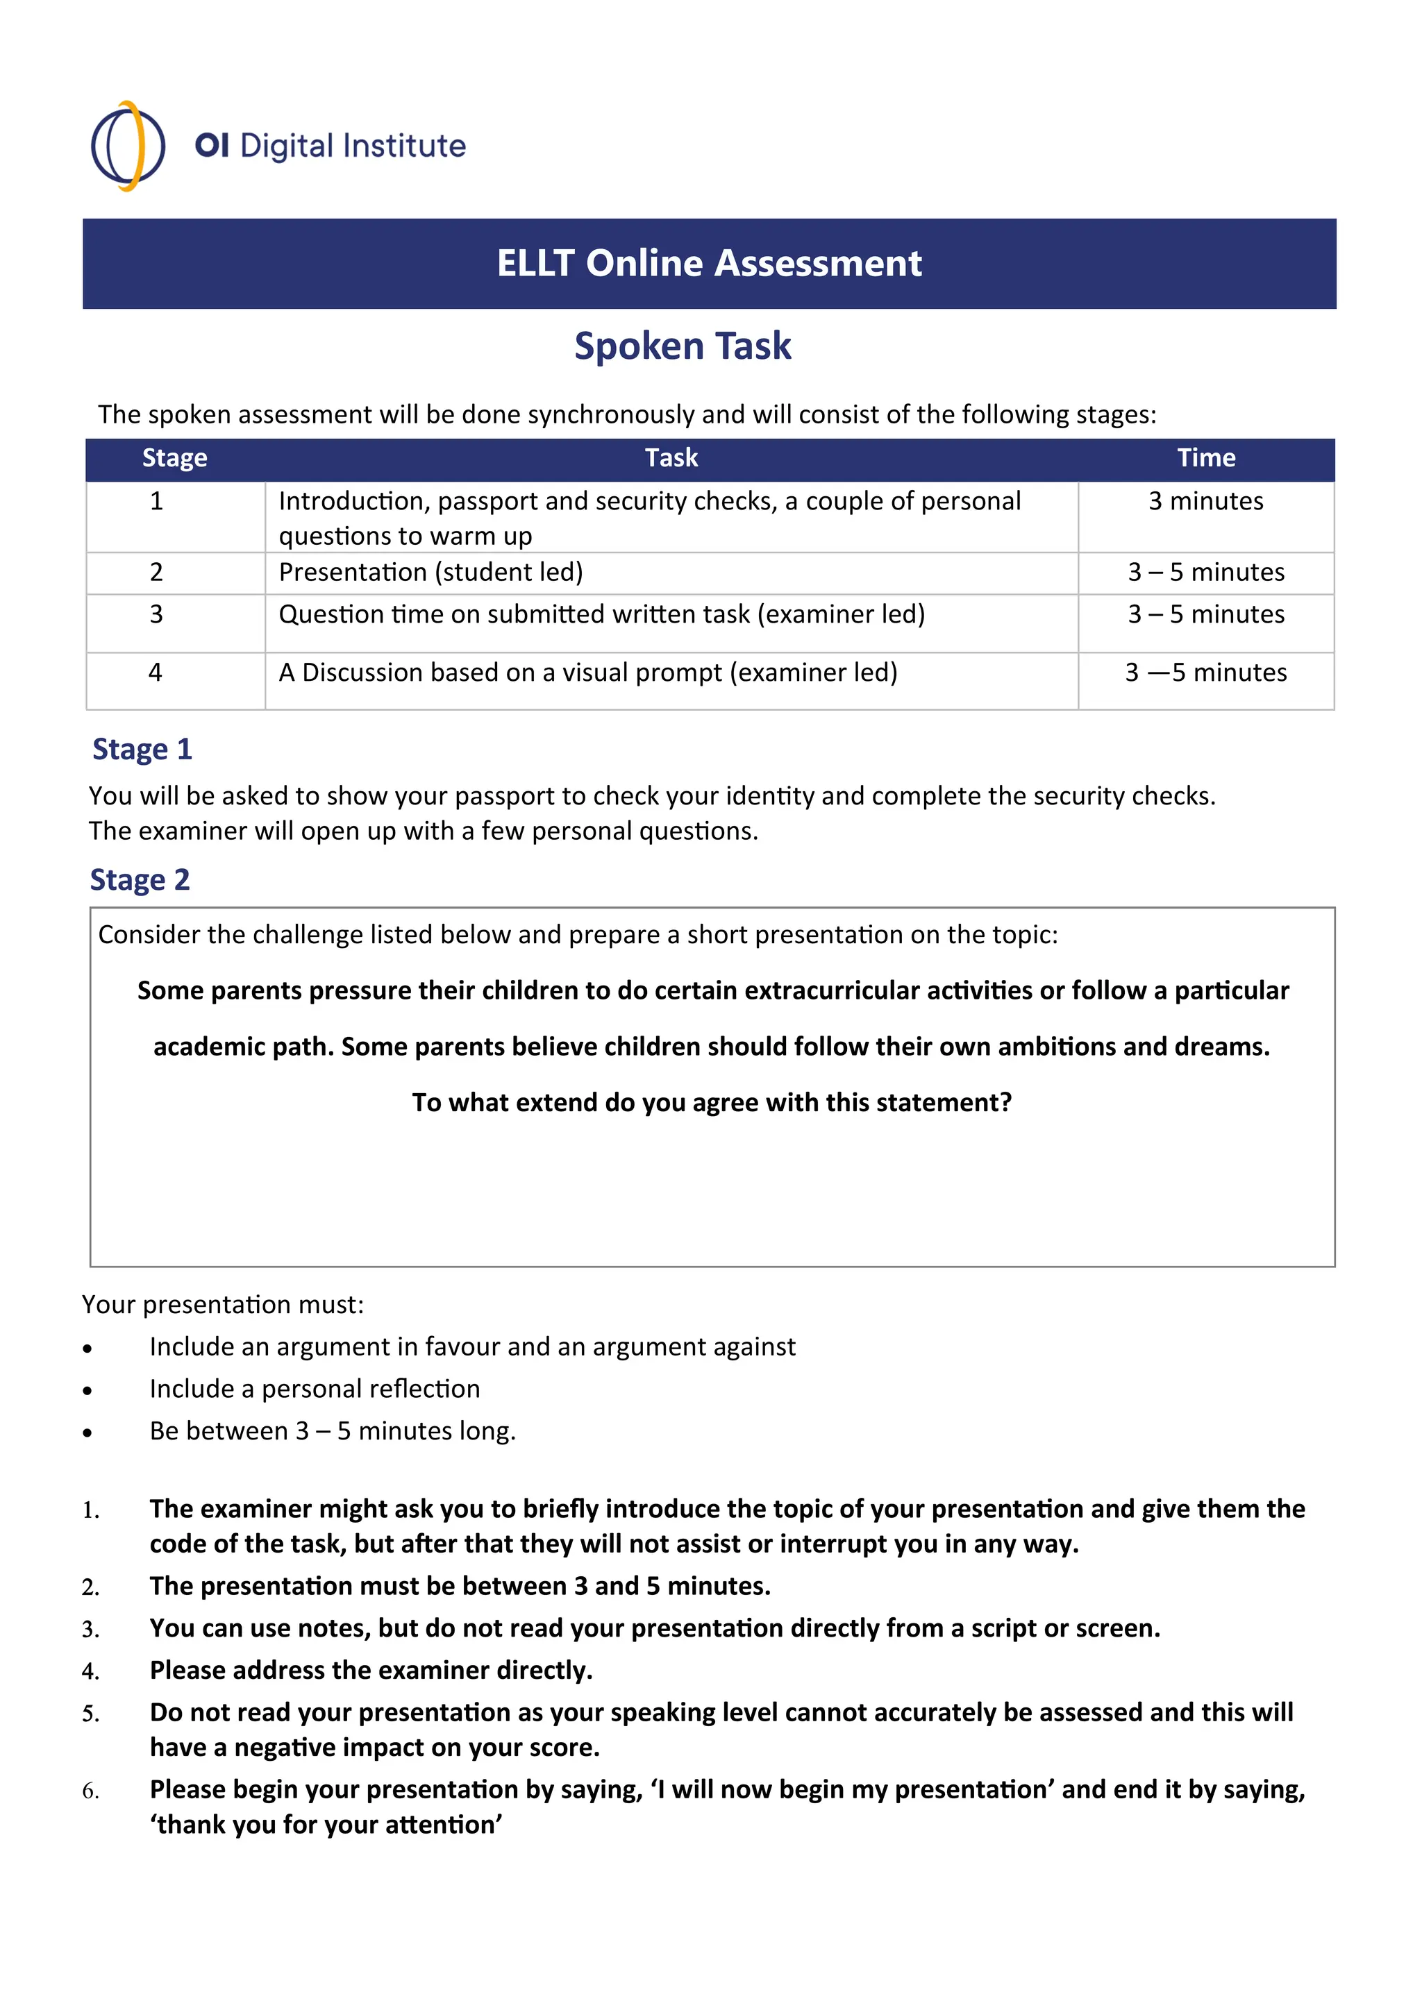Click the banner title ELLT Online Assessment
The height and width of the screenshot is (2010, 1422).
coord(709,264)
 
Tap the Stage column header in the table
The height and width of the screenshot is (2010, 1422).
coord(174,458)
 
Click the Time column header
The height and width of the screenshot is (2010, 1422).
coord(1206,458)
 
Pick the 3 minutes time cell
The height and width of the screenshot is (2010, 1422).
coord(1206,502)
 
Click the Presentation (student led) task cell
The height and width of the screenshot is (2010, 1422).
coord(430,573)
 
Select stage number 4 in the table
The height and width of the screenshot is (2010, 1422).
coord(156,673)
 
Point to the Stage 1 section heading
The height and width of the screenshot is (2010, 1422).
coord(142,750)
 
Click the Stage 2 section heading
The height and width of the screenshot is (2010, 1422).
coord(140,880)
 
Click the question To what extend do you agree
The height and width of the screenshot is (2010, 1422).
coord(711,1102)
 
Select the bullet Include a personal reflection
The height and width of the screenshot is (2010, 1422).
coord(315,1390)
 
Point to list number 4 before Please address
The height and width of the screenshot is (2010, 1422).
coord(90,1672)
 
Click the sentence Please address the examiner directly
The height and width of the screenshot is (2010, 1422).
coord(371,1671)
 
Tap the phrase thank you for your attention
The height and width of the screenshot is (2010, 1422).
coord(326,1825)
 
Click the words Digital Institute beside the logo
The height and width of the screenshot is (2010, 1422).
coord(353,146)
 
